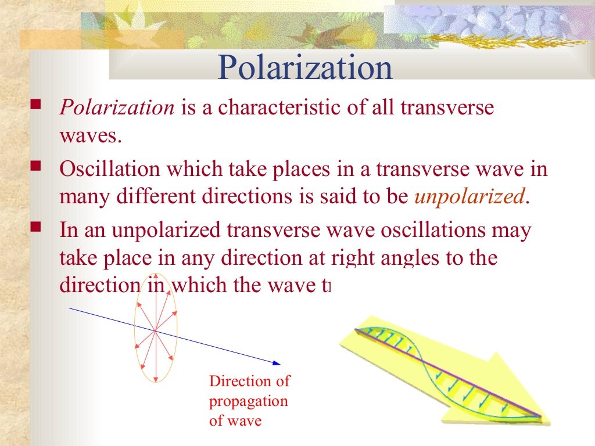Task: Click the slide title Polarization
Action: (305, 68)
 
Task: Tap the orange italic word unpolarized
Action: (469, 197)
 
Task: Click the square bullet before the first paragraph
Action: (36, 106)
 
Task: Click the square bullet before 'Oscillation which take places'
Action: (36, 167)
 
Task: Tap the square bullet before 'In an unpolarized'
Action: (36, 228)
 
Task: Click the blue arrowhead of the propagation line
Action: (277, 364)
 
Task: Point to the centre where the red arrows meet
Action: (155, 330)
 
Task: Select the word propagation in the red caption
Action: (248, 401)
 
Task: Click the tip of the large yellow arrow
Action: (549, 422)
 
